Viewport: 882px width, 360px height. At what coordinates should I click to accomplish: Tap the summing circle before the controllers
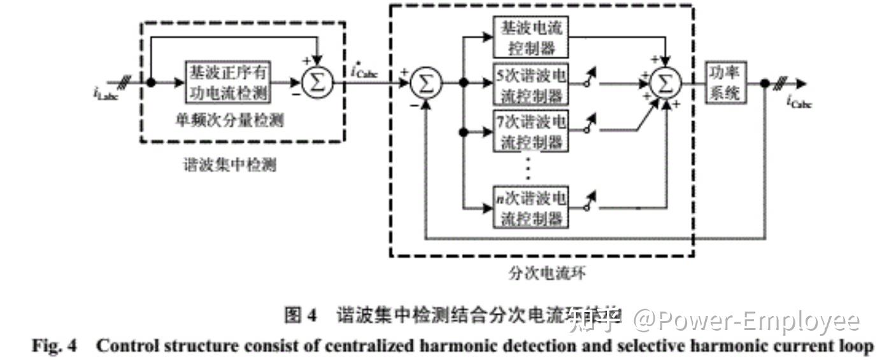pos(425,83)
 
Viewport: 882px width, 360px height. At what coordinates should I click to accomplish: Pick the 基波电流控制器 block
pos(530,37)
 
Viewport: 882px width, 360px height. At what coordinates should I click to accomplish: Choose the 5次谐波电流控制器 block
pos(530,84)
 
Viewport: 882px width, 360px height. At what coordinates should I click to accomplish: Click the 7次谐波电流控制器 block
pos(530,132)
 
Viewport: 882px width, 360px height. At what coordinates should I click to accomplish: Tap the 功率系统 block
pos(725,83)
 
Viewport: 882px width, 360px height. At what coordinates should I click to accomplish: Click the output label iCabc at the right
pos(799,101)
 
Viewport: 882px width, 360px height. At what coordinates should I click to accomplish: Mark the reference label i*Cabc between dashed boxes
pos(364,72)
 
